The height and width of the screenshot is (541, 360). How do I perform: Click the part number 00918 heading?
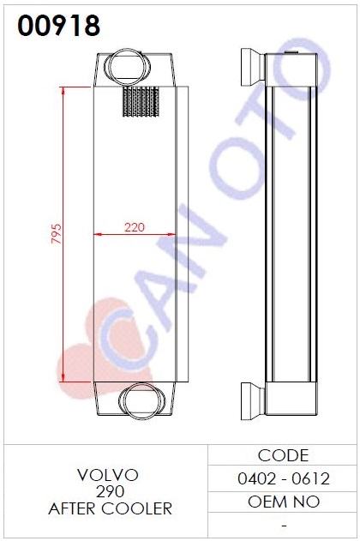[58, 26]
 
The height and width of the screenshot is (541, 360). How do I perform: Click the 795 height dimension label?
[57, 233]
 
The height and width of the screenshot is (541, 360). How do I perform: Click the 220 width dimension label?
[135, 227]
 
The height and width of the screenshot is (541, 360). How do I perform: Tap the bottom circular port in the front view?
[142, 401]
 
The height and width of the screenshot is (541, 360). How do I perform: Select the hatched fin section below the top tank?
[141, 101]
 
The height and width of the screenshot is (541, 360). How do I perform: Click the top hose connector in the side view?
[252, 67]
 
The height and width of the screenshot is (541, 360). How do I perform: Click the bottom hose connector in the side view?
[252, 401]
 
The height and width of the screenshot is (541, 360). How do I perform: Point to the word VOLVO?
[108, 475]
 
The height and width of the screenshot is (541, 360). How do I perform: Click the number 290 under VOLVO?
[110, 491]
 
